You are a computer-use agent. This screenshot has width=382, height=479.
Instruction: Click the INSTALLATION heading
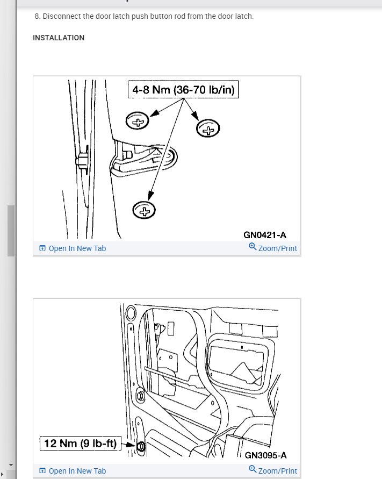(59, 38)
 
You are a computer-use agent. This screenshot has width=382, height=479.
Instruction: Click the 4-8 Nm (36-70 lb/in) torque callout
(184, 89)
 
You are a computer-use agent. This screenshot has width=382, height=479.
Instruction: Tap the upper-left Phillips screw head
(137, 120)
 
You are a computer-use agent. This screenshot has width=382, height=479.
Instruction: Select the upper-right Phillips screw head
(208, 128)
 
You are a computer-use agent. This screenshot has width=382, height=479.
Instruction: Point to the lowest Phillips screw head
(144, 210)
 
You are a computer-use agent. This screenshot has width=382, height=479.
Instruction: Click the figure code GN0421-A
(265, 235)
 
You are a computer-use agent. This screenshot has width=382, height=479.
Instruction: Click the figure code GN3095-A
(265, 455)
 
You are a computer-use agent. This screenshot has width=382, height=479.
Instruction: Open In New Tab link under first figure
(77, 248)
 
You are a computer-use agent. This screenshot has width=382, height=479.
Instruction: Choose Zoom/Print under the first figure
(278, 248)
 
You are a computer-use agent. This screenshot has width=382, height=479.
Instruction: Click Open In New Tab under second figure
(77, 471)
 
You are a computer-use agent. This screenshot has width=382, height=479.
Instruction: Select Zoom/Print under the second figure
(278, 471)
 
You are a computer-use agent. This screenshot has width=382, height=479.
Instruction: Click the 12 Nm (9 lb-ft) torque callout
(80, 444)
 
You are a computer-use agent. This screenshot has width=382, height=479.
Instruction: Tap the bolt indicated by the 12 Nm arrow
(141, 447)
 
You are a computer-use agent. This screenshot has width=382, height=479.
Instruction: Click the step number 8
(37, 16)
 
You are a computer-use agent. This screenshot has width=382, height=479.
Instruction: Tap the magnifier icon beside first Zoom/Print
(253, 247)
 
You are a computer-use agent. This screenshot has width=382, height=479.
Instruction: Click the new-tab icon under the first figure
(42, 248)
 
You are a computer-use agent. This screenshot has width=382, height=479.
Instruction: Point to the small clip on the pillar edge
(82, 160)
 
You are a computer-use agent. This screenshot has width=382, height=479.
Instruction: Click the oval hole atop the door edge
(131, 313)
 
